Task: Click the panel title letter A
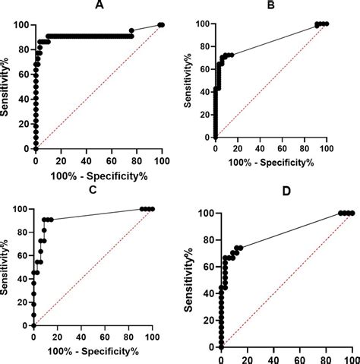pos(99,5)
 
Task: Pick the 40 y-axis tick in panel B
pos(203,90)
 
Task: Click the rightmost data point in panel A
pos(162,25)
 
